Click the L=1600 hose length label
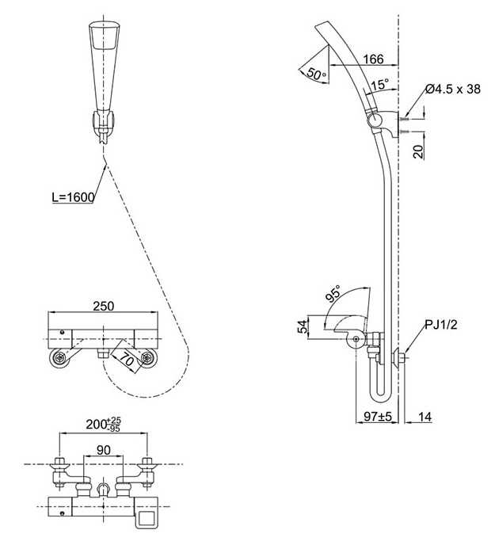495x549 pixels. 73,197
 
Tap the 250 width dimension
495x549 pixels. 103,306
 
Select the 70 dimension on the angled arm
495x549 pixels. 127,359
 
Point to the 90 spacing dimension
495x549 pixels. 104,449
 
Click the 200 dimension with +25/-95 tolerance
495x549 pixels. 103,425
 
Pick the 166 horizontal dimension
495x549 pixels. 373,59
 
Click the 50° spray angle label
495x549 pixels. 316,74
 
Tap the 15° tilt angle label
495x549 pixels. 379,85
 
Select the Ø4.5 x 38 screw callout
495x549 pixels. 453,89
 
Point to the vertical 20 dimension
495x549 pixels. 418,151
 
